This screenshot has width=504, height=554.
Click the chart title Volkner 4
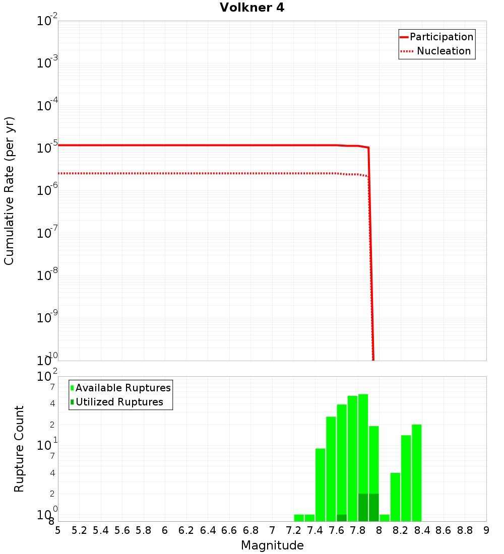252,8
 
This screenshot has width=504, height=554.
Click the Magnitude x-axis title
272,545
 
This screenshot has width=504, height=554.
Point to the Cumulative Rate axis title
9,190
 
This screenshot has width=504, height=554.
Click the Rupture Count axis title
19,449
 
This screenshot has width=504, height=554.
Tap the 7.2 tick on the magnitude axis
293,530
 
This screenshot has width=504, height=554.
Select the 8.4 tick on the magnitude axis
422,530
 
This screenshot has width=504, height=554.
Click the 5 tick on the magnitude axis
58,530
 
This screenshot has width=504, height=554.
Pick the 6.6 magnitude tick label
229,530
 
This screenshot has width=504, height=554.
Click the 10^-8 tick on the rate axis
47,275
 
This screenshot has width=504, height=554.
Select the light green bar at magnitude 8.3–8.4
416,473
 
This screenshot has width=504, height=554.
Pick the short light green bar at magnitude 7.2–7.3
299,518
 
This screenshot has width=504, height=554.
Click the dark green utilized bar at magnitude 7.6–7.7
342,518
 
